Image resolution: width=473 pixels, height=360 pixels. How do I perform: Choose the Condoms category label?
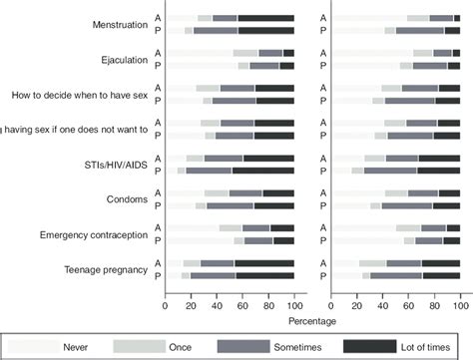coord(128,198)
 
